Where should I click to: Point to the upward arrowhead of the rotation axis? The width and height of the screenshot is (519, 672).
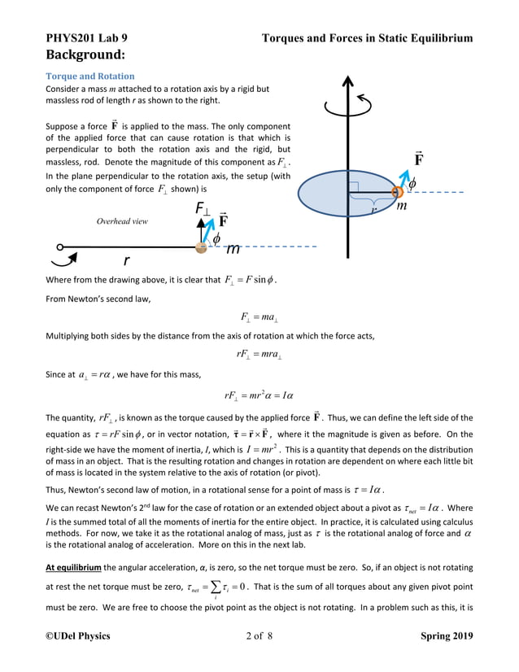348,82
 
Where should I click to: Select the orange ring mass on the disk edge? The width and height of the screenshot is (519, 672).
398,192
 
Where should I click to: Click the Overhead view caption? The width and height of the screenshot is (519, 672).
122,220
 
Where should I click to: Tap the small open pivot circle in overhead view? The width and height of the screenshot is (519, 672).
60,247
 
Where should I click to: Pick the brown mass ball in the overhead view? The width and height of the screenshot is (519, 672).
202,247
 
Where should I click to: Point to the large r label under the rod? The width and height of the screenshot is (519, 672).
126,261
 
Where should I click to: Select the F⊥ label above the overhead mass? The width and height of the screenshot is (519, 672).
203,210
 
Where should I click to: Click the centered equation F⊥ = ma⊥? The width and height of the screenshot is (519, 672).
259,317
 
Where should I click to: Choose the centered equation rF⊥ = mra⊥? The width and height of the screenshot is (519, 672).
259,354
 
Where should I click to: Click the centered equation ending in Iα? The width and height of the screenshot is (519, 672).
259,395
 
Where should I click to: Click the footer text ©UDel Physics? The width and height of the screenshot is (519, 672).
78,635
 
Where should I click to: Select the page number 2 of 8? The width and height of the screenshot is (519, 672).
259,635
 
